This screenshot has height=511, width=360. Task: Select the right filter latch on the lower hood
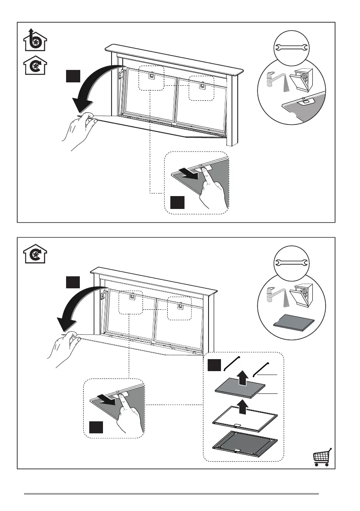point(179,306)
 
